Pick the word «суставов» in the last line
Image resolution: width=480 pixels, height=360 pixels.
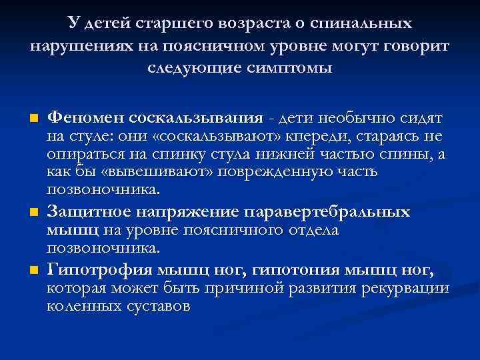coord(157,307)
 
